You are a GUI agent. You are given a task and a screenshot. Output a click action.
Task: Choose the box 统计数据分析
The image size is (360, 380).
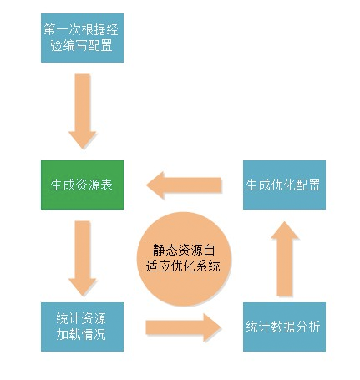(x=283, y=327)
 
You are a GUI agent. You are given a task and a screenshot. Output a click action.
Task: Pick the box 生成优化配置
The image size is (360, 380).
(x=283, y=184)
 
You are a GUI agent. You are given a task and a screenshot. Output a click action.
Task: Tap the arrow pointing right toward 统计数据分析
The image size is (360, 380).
(x=183, y=327)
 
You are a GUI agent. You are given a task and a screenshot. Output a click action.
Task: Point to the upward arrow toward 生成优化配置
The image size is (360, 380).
(x=282, y=257)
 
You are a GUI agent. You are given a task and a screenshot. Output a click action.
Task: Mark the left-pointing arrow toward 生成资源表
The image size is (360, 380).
(x=183, y=184)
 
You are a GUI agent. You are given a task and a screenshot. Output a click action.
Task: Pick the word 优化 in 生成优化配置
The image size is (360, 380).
(x=283, y=184)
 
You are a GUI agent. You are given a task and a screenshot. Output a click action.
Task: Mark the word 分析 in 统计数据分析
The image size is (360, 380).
(x=307, y=327)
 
